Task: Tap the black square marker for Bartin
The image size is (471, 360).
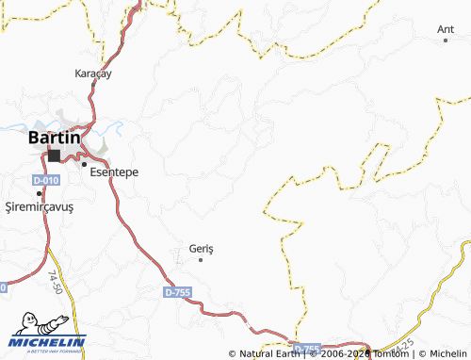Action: (x=55, y=155)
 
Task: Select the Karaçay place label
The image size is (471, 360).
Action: (x=93, y=72)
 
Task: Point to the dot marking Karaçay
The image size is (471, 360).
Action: (x=91, y=85)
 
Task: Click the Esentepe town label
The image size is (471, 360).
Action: (x=114, y=173)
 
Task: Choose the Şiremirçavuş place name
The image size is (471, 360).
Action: (x=39, y=205)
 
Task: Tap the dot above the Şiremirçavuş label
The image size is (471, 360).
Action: (x=39, y=193)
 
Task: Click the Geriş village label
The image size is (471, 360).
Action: (x=202, y=248)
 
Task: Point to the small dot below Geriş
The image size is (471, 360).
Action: (x=200, y=259)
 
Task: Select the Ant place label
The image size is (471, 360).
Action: (x=446, y=29)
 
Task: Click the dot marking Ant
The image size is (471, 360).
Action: (x=447, y=41)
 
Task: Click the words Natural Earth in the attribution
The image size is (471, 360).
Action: (x=270, y=354)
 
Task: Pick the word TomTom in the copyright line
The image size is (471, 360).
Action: (x=388, y=354)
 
